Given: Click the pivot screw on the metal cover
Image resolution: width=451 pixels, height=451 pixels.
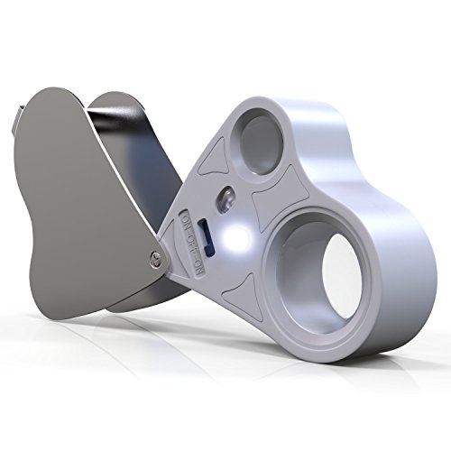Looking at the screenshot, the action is click(x=156, y=258).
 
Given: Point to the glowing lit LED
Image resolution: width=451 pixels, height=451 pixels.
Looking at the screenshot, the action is click(x=236, y=237).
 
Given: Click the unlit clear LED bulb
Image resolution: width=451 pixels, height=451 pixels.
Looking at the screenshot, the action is click(x=225, y=198).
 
